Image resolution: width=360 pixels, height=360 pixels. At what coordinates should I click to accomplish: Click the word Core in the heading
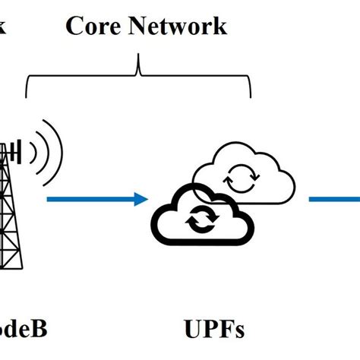(x=92, y=26)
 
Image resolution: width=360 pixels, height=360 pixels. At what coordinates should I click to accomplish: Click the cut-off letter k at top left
(x=3, y=26)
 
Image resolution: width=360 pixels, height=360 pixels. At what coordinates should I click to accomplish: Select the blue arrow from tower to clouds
(x=95, y=200)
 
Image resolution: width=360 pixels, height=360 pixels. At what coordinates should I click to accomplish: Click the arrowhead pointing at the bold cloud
(x=141, y=200)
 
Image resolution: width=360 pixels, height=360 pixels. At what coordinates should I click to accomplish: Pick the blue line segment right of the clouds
(x=334, y=200)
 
